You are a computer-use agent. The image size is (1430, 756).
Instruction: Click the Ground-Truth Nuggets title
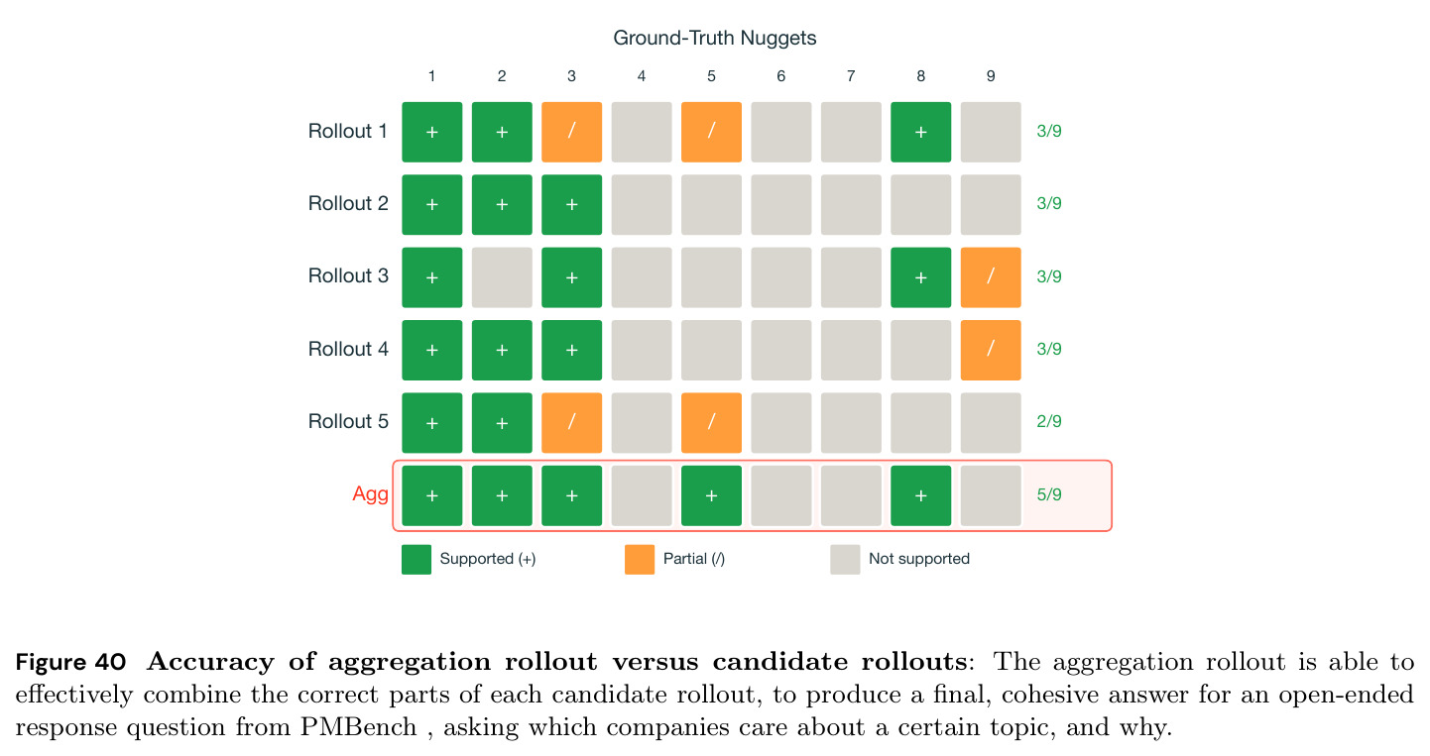(714, 38)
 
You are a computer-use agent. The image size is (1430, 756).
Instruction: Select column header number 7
(850, 76)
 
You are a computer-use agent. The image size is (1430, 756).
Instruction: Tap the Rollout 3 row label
(348, 275)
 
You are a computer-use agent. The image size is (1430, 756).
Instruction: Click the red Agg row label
(370, 493)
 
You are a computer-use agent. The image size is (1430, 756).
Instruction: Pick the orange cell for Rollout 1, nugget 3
(571, 132)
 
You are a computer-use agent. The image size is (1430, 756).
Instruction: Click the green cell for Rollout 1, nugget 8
(920, 132)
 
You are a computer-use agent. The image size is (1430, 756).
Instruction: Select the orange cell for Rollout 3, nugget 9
(991, 276)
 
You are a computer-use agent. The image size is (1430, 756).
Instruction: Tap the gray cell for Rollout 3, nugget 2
(502, 276)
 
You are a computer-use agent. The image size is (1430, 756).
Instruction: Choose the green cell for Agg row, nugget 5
(711, 495)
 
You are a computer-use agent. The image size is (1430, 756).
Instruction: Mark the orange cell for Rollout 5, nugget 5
(711, 422)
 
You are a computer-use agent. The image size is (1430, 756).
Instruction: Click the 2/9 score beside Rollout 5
(1049, 421)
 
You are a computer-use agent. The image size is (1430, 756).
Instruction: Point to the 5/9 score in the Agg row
(1049, 494)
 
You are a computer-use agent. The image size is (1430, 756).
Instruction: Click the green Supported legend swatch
(417, 560)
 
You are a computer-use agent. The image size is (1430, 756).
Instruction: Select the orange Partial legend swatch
(640, 560)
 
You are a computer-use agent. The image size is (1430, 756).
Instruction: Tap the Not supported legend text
(918, 559)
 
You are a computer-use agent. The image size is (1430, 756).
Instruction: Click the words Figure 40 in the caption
(70, 662)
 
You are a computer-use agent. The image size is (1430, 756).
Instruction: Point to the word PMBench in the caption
(358, 727)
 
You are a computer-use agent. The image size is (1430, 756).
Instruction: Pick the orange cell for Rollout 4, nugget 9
(991, 350)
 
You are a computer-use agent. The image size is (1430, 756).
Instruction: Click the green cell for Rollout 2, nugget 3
(571, 204)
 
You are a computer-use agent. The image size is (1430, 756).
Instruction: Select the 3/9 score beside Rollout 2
(1049, 203)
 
